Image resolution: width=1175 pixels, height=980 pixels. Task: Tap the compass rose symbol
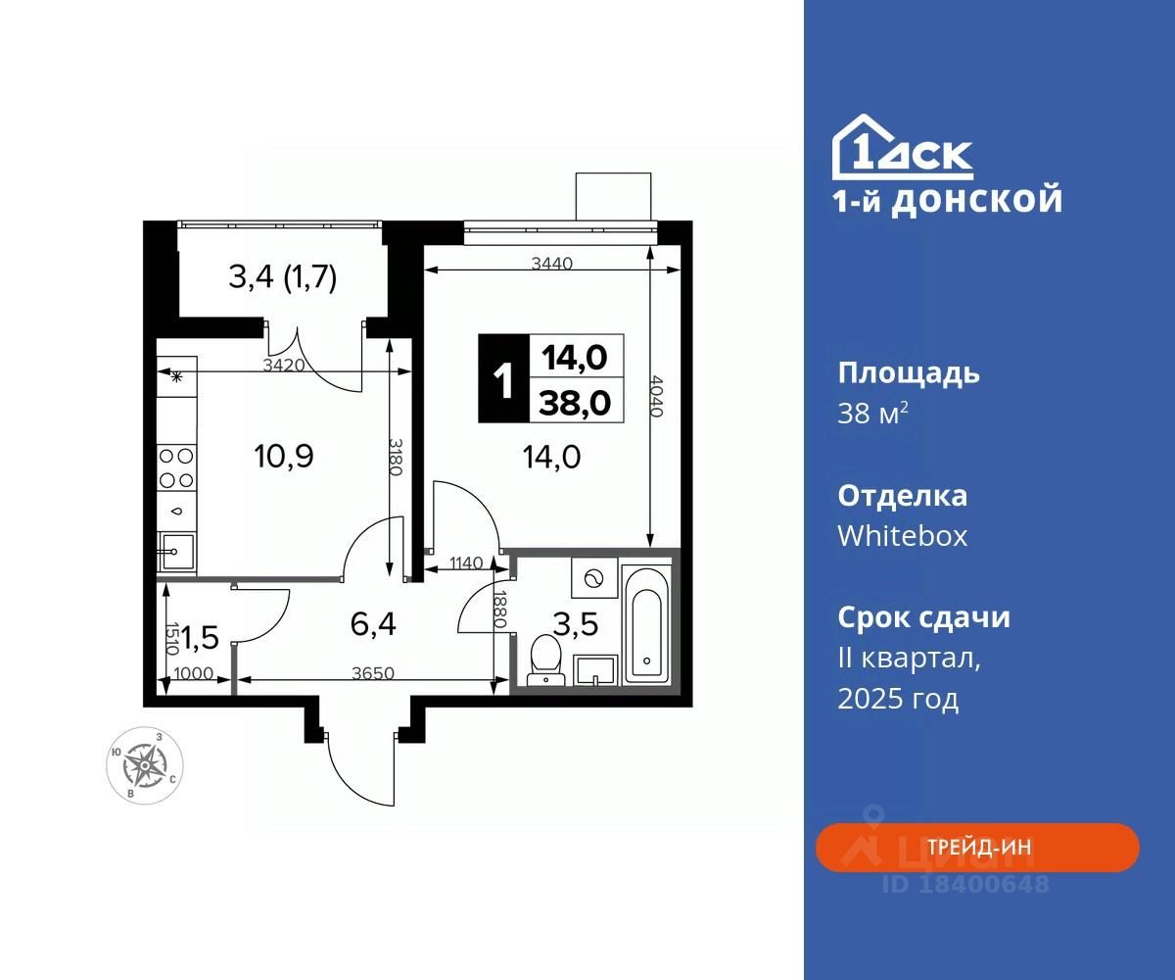(145, 765)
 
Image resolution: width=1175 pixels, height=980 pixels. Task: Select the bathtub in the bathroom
(646, 626)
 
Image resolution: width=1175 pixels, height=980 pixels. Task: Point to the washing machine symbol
(593, 578)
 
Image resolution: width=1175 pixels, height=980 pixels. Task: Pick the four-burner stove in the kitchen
(176, 467)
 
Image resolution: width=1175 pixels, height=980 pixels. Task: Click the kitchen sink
(176, 552)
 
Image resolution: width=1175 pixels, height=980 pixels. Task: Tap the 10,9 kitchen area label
(284, 456)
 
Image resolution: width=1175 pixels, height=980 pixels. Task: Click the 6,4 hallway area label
(373, 624)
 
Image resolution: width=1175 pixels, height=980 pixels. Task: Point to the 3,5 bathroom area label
(575, 624)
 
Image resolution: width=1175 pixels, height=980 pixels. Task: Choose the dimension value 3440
(552, 263)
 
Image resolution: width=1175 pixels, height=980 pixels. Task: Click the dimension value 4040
(655, 396)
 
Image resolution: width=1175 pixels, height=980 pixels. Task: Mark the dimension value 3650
(372, 673)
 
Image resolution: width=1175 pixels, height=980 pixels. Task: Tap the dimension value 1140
(466, 563)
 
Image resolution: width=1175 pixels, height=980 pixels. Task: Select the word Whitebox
(902, 536)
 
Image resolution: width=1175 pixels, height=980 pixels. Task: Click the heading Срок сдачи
(923, 617)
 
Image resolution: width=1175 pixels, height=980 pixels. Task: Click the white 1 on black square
(503, 378)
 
